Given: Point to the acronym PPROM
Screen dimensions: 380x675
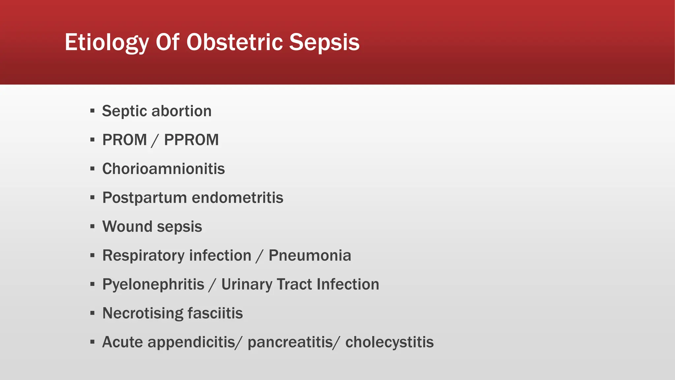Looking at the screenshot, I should pos(191,140).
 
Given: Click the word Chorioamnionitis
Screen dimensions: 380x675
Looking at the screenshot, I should pos(163,169).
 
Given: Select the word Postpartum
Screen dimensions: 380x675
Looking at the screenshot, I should pos(145,198).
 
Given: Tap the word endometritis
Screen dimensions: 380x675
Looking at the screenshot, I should pos(238,198).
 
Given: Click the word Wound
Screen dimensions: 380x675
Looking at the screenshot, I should pos(127,227).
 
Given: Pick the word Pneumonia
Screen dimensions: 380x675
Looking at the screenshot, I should pos(310,256).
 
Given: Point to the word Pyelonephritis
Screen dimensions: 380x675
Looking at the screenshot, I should pos(153,284).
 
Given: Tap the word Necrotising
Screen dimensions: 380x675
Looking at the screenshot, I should pos(142,313).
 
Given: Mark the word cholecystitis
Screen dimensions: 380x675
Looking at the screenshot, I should pos(390,342).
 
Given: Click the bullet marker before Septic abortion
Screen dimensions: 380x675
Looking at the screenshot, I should pos(92,111).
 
